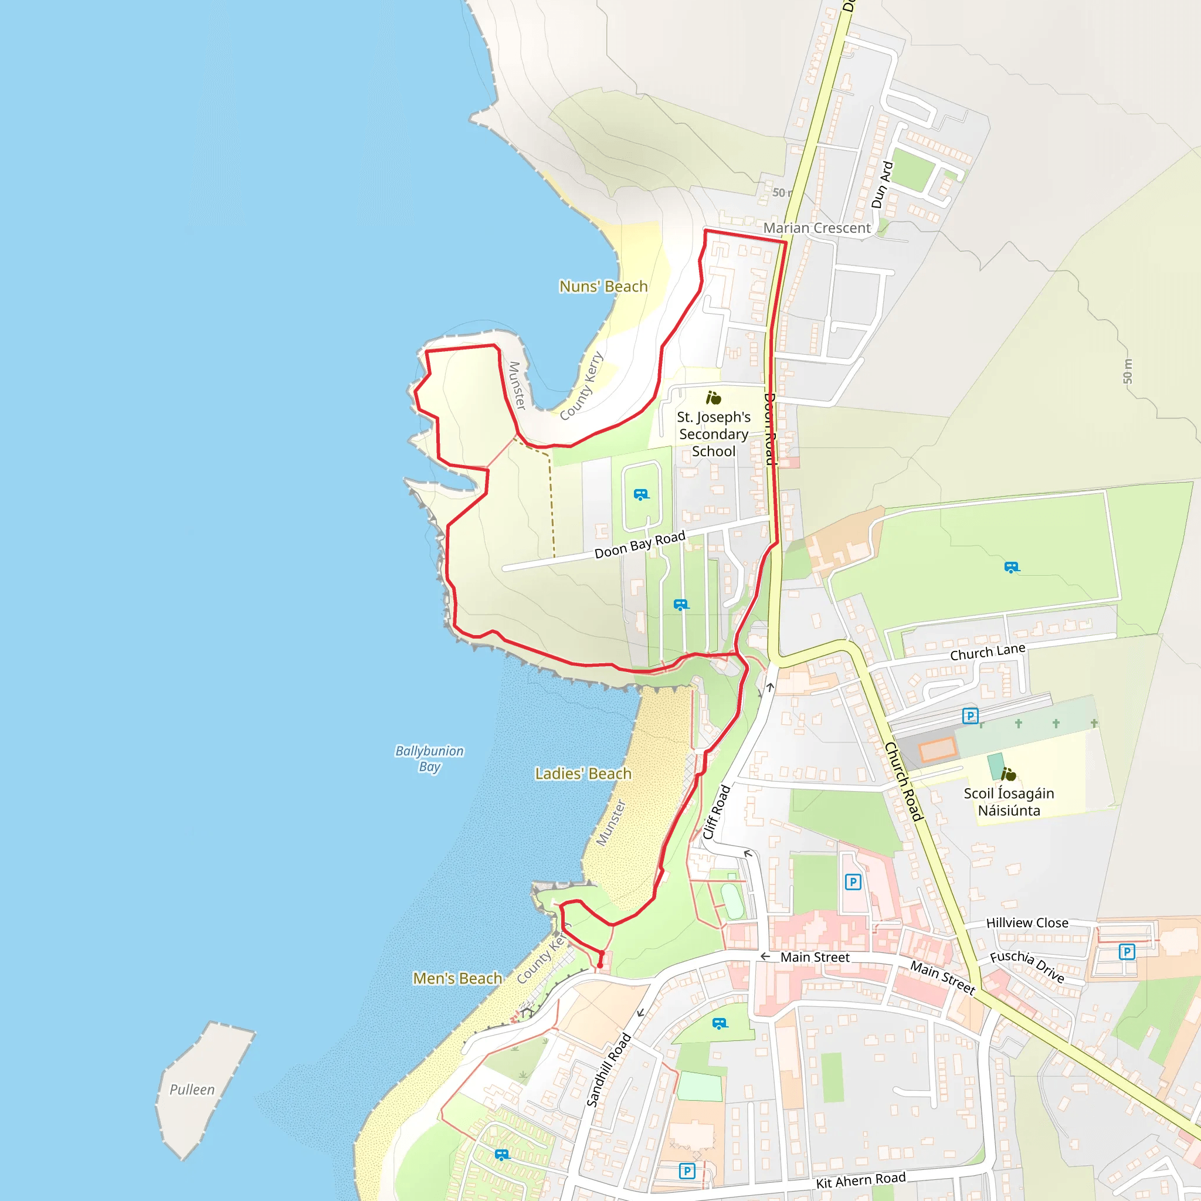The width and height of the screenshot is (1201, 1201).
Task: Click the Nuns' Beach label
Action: [603, 287]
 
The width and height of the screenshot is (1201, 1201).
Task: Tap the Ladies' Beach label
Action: [582, 773]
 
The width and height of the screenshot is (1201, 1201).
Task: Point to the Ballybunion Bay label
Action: [429, 758]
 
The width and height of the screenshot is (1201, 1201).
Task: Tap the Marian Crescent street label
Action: [816, 228]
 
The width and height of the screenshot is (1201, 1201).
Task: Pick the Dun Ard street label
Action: [881, 185]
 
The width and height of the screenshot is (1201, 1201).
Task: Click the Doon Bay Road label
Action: [640, 545]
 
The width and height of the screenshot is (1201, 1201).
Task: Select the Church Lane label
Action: [987, 652]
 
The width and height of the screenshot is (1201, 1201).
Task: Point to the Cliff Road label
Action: [716, 812]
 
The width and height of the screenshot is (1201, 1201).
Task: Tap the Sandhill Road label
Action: [609, 1069]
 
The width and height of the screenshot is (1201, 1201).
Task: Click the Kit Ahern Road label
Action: [860, 1180]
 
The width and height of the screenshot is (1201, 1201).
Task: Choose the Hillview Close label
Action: [1027, 922]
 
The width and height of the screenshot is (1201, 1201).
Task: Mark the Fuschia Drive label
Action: [1027, 966]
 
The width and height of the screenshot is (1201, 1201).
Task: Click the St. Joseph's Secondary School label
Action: [713, 434]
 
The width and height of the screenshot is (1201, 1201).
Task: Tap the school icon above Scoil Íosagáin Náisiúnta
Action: [1008, 774]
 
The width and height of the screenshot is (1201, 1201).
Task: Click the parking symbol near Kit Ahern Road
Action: [686, 1171]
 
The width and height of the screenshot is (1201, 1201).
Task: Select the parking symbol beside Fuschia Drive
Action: [1127, 951]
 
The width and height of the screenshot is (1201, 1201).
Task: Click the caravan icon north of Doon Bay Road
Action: [641, 495]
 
